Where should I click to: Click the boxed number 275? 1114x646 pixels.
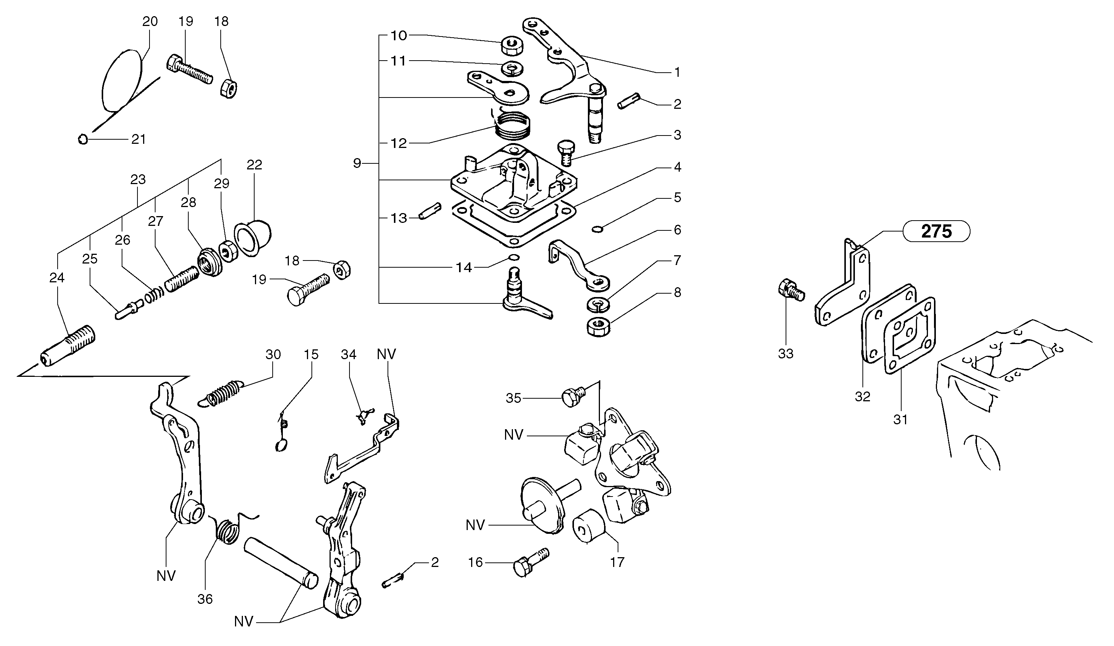(936, 231)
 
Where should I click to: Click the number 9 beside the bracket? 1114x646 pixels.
(357, 163)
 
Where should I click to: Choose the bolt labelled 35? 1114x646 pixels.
(573, 396)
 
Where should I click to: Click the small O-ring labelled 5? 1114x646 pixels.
(597, 229)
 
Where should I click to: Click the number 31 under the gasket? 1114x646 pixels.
(900, 419)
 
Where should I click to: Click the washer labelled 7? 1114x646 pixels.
(597, 304)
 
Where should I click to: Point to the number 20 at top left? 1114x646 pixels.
(150, 21)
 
